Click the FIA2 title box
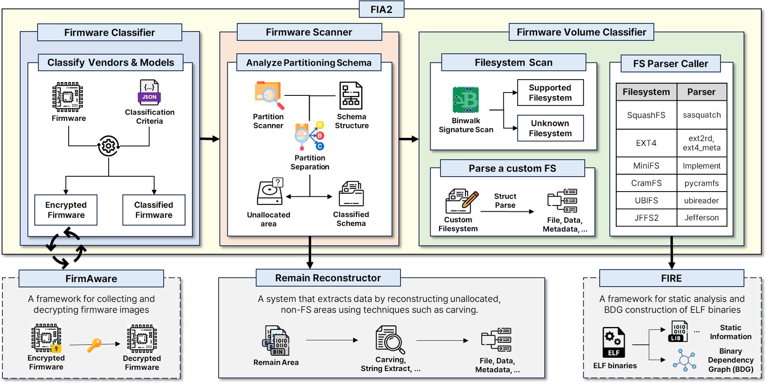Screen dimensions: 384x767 381,9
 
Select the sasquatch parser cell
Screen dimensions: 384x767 702,115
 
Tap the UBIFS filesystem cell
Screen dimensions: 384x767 646,200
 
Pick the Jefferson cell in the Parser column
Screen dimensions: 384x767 702,217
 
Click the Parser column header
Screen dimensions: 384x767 702,92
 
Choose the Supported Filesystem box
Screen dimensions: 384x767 550,92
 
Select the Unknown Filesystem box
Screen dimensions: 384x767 550,128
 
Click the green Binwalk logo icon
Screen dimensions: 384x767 466,100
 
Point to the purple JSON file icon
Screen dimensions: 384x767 149,92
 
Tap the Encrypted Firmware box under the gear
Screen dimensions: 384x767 66,210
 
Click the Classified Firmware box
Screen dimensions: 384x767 154,210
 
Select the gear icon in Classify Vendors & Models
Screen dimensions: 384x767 108,146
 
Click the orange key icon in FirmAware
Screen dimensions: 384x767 94,345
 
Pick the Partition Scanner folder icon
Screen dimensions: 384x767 269,95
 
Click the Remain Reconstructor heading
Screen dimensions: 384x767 328,278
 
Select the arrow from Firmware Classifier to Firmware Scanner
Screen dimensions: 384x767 209,139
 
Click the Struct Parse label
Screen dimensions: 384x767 505,201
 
